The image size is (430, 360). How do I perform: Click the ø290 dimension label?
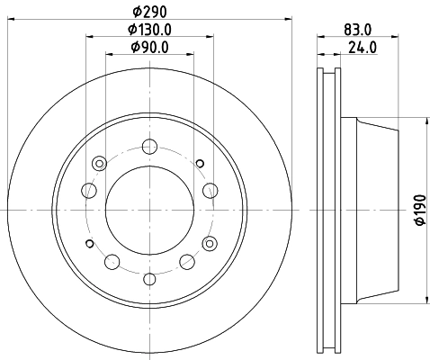click(149, 12)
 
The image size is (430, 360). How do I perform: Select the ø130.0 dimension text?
click(149, 30)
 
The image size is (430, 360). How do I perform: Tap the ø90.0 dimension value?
click(149, 47)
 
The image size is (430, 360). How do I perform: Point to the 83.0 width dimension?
click(358, 30)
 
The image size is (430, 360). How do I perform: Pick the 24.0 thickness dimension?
click(363, 48)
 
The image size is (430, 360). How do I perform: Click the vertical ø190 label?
click(420, 210)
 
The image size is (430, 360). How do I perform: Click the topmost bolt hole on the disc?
click(149, 147)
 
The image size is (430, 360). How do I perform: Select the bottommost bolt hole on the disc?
click(149, 279)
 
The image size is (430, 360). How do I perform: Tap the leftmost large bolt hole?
click(89, 190)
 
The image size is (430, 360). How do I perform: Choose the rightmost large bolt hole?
click(211, 190)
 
